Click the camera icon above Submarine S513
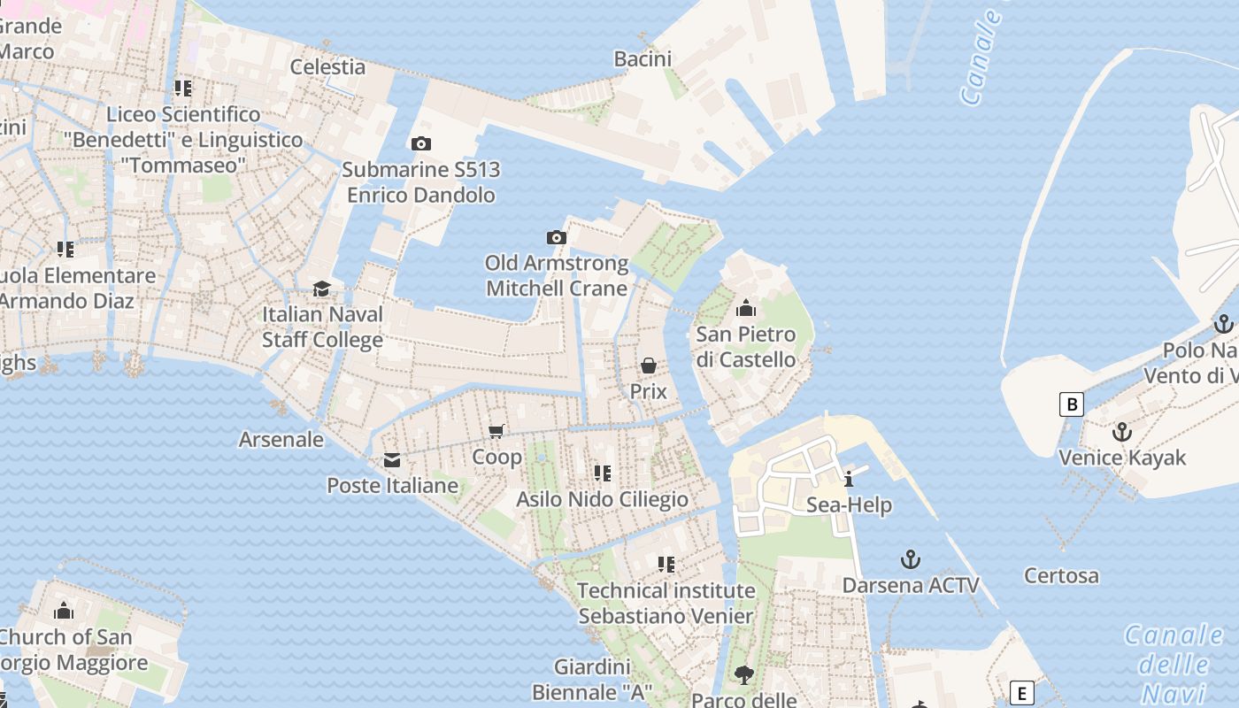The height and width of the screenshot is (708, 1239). [x=421, y=143]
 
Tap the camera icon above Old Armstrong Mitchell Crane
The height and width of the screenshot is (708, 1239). [x=556, y=237]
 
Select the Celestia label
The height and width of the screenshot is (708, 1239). [x=327, y=67]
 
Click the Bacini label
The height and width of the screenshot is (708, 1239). [x=643, y=59]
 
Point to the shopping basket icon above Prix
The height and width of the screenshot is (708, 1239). [x=649, y=366]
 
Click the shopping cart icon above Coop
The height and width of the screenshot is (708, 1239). [x=496, y=431]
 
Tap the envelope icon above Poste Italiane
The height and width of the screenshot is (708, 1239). [x=391, y=460]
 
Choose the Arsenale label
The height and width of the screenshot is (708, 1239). [x=281, y=440]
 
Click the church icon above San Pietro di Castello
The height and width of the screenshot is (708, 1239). [x=746, y=309]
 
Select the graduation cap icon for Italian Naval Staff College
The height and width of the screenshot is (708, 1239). [x=321, y=289]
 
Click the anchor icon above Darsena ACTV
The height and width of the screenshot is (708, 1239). [x=910, y=559]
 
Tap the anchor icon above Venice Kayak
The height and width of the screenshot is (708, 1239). [x=1122, y=433]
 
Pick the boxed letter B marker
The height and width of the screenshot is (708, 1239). [x=1072, y=405]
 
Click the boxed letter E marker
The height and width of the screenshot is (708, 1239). [x=1022, y=693]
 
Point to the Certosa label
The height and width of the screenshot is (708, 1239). [x=1061, y=576]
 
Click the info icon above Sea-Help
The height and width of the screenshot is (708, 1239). [x=849, y=480]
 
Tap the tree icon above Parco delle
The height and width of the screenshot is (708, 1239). [x=744, y=675]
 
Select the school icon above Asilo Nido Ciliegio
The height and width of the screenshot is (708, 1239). [x=603, y=473]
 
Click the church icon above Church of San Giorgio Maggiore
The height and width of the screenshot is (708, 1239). [x=64, y=612]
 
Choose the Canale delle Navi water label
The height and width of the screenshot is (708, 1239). [x=1174, y=664]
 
